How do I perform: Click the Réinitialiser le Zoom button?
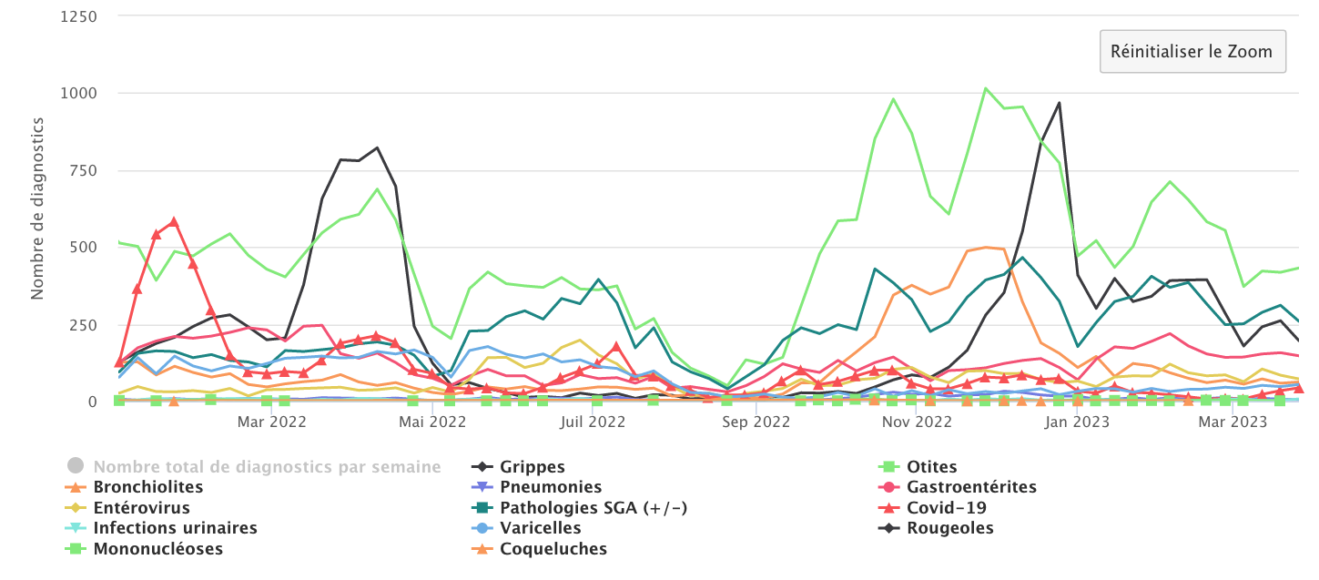click(x=1192, y=51)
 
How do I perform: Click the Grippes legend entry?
click(x=533, y=467)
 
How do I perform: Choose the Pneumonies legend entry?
click(x=551, y=487)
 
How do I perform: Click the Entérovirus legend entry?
click(x=141, y=508)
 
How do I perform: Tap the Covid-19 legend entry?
click(x=946, y=508)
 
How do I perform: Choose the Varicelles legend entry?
click(x=541, y=528)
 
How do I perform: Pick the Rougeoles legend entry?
click(x=949, y=528)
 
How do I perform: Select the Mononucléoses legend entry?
click(x=157, y=549)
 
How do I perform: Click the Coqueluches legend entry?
click(x=553, y=549)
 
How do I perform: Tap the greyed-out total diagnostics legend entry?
click(x=267, y=467)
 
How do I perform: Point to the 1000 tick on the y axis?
click(x=80, y=93)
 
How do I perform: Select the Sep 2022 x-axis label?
click(x=758, y=422)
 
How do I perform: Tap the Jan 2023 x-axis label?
click(x=1077, y=422)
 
